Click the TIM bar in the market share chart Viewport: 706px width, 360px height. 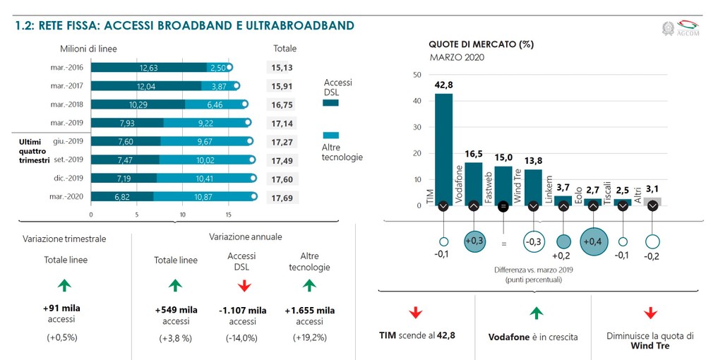[443, 148]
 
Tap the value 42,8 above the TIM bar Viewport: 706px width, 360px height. [443, 85]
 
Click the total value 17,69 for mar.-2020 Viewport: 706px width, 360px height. [282, 198]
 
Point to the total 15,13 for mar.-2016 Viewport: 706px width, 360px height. [282, 68]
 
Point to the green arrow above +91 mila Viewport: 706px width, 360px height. [66, 285]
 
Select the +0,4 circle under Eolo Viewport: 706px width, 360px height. [593, 241]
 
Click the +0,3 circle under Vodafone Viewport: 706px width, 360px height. [473, 241]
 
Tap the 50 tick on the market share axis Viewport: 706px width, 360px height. [417, 75]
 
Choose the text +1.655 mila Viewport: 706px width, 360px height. [309, 310]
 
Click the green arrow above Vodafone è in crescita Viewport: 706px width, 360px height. [535, 312]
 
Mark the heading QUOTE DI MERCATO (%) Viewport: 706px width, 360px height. [481, 44]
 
